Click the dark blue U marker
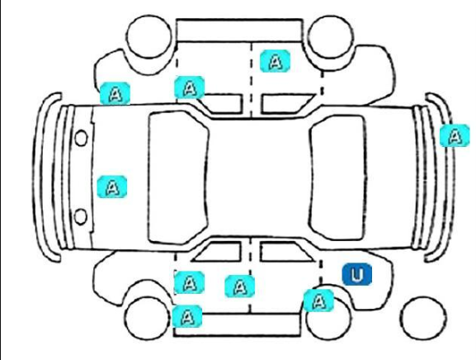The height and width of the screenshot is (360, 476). pyautogui.click(x=357, y=274)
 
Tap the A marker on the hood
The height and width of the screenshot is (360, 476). pyautogui.click(x=112, y=187)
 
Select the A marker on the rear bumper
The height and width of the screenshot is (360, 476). pyautogui.click(x=455, y=135)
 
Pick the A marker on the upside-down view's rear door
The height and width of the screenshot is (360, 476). pyautogui.click(x=275, y=61)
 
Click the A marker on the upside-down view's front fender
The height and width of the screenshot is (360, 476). pyautogui.click(x=115, y=93)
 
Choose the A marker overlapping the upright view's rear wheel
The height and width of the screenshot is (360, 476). pyautogui.click(x=318, y=301)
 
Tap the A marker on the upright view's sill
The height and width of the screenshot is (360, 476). pyautogui.click(x=187, y=316)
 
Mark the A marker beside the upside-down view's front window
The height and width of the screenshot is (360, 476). pyautogui.click(x=190, y=88)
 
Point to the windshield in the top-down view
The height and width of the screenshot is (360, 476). pyautogui.click(x=178, y=178)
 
